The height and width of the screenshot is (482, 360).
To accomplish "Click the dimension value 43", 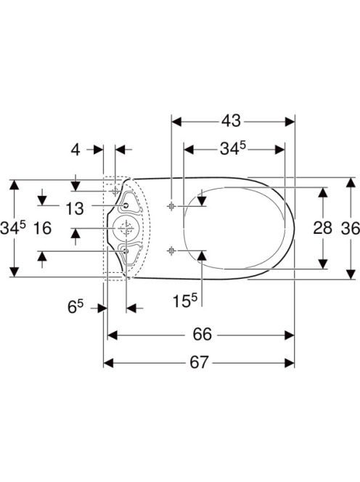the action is point(232,120).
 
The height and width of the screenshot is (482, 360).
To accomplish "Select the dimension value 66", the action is point(202,334).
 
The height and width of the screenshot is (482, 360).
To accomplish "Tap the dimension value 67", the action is point(199,362).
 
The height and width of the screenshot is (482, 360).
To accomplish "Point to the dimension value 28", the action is point(322,228).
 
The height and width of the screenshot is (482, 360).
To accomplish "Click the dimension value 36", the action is point(351,229).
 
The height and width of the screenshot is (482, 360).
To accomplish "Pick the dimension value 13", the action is point(75,209).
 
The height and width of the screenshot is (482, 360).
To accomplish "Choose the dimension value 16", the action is point(42,229).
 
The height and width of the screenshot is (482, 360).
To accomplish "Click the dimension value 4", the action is point(75,150).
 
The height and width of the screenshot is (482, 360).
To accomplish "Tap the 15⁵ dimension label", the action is point(184,301).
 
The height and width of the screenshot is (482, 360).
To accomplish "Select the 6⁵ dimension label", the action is point(75,306).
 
